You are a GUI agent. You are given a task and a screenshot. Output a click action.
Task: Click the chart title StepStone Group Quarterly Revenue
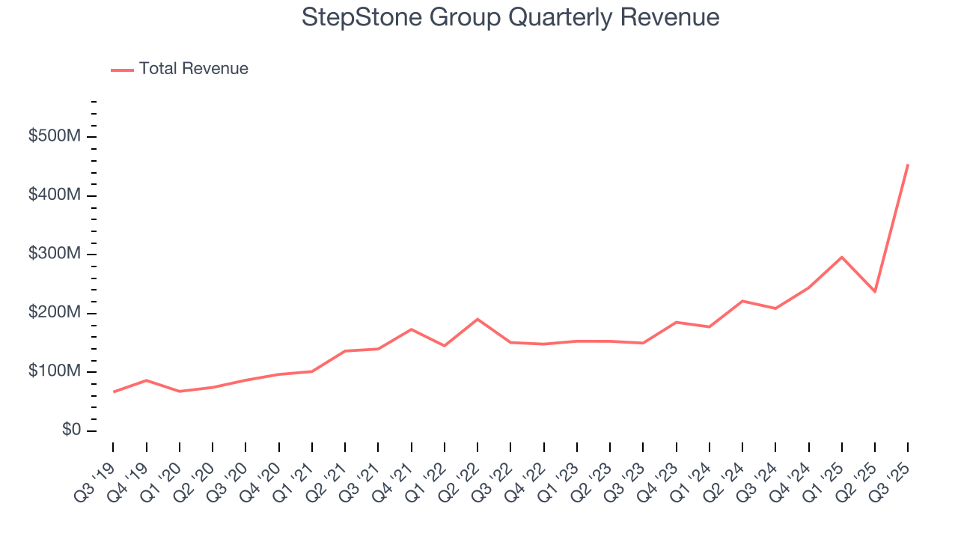pos(510,17)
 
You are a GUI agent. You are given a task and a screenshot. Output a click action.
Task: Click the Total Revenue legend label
pos(193,69)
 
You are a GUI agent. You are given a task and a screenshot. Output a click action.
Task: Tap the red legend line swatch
pos(122,70)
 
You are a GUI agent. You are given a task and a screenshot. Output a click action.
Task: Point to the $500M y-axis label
pos(55,137)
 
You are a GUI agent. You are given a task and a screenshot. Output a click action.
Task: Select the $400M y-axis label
pos(55,195)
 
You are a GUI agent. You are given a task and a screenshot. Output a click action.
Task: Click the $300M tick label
pos(55,255)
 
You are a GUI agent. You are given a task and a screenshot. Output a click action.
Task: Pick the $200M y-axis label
pos(55,313)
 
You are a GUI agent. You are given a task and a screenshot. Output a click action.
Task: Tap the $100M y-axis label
pos(55,372)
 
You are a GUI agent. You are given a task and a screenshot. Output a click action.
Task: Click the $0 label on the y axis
pos(70,430)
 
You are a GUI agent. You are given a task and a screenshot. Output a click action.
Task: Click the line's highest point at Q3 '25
pos(908,165)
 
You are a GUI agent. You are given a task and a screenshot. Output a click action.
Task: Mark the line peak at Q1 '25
pos(842,258)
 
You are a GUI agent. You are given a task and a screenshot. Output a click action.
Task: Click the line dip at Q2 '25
pos(875,291)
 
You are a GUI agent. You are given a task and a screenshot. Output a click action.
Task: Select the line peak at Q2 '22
pos(478,320)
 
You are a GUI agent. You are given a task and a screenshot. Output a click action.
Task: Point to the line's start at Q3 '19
pos(114,392)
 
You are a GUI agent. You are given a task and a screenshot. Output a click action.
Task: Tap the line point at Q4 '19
pos(147,380)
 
